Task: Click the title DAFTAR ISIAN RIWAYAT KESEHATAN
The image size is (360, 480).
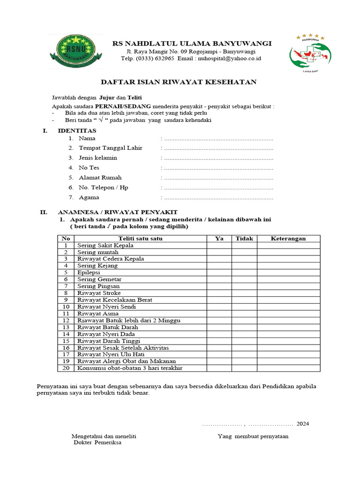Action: pos(179,82)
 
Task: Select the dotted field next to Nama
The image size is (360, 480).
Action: pos(218,139)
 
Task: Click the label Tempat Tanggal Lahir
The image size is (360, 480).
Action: pos(110,148)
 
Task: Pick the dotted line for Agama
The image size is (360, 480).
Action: pos(218,198)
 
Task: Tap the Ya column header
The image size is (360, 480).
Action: pos(219,239)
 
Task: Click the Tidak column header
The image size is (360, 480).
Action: pos(244,239)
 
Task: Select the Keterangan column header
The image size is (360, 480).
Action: pos(288,239)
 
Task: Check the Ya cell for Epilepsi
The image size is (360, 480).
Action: pos(219,272)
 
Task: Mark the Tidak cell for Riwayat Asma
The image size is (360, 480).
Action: pos(244,314)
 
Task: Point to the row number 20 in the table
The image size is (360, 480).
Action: pos(66,368)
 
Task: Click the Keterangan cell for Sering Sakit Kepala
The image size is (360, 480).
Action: pos(288,245)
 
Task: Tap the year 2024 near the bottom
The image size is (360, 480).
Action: pos(302,424)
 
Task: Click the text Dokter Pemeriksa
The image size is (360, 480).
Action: pos(97,443)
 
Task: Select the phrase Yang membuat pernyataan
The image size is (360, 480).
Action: pos(253,436)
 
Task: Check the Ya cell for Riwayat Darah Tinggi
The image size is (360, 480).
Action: pos(219,341)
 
